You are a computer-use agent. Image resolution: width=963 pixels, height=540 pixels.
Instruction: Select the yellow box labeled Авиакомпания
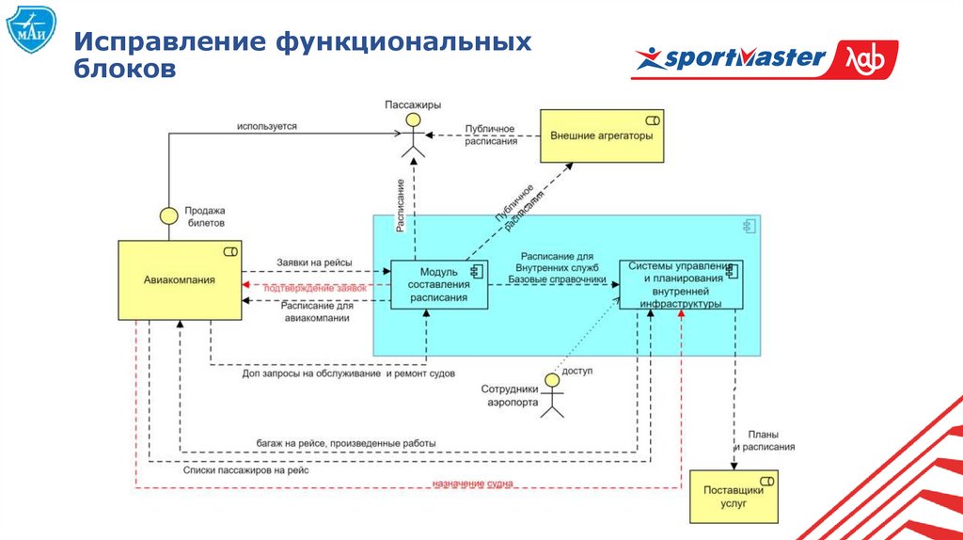(179, 279)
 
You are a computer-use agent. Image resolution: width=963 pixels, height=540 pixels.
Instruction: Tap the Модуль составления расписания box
(437, 284)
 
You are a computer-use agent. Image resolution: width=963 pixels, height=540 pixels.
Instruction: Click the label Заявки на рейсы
(314, 262)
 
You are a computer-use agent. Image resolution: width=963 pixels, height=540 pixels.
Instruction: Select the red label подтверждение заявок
(315, 287)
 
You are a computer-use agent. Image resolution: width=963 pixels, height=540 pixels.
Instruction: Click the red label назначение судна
(472, 484)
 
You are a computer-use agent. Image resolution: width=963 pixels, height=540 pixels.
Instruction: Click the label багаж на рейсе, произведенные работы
(346, 442)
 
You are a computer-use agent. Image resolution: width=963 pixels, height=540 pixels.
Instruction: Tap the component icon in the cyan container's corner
(750, 226)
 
